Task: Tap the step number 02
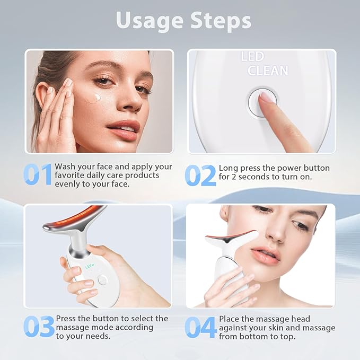(200, 175)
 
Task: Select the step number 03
(38, 327)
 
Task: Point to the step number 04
(200, 327)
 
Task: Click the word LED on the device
(252, 57)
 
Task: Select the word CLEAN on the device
(268, 71)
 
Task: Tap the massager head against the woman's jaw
(233, 236)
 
